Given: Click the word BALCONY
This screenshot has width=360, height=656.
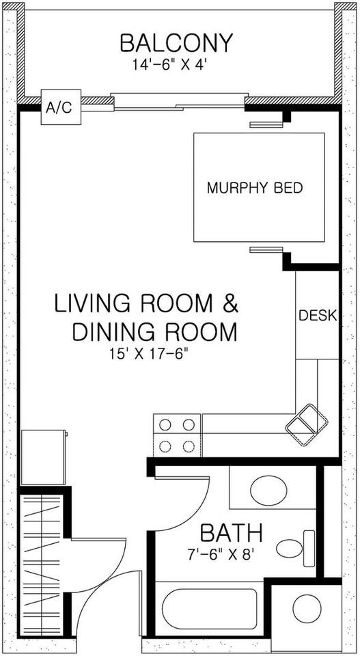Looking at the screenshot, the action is [x=176, y=43].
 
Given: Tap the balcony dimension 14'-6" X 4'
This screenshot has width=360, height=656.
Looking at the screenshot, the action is [x=170, y=65].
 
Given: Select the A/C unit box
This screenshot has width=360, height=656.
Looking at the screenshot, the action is [x=61, y=107].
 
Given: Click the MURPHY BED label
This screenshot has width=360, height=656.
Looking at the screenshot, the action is [x=255, y=188].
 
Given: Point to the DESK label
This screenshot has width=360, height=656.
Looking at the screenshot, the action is [x=318, y=315].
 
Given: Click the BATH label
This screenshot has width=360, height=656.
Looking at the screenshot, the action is [x=231, y=533].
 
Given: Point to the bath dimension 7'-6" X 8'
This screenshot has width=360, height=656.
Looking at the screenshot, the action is [x=221, y=555].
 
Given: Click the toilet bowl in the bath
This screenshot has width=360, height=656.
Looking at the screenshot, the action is [x=289, y=549].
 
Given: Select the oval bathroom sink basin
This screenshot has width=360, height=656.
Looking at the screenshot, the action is [x=268, y=490].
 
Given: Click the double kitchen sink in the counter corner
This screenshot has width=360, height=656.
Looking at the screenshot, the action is [x=307, y=424].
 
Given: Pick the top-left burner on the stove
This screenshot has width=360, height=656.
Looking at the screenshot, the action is [x=165, y=425].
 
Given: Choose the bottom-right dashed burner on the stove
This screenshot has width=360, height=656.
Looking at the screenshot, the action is [x=189, y=446].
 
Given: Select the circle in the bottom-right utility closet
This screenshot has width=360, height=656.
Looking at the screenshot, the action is [x=307, y=608].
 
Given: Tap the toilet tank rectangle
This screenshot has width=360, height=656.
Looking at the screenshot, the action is [x=309, y=549].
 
